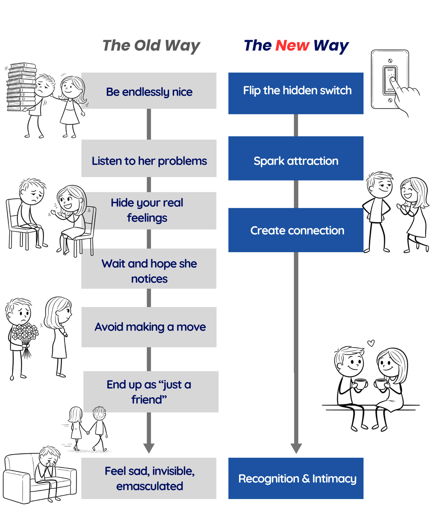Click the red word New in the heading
click(x=292, y=46)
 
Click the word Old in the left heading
click(x=147, y=46)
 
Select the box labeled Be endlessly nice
click(x=149, y=91)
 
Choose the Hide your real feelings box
click(x=149, y=211)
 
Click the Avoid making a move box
click(x=149, y=327)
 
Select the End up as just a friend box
click(x=151, y=392)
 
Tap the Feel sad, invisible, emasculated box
click(x=149, y=478)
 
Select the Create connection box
click(x=296, y=230)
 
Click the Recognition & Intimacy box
click(x=296, y=478)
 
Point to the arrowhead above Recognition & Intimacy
click(x=296, y=448)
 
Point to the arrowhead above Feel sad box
click(x=149, y=448)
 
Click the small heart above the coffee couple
click(x=371, y=343)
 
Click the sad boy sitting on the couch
click(x=48, y=466)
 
